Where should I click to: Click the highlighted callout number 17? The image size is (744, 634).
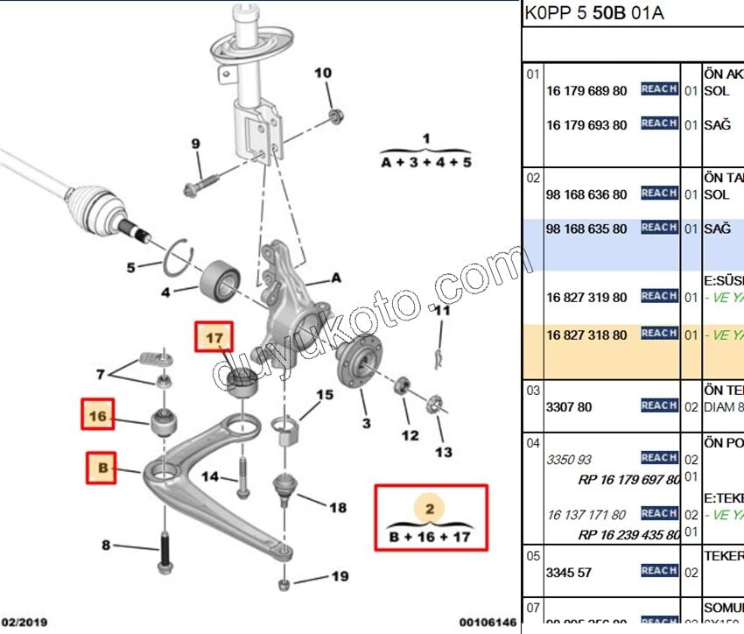coord(214,336)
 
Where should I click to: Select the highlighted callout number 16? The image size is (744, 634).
coord(99,416)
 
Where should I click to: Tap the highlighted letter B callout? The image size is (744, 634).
coord(102,468)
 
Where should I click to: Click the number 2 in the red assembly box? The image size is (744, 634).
coord(429,508)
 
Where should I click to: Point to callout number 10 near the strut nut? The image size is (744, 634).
coord(323,73)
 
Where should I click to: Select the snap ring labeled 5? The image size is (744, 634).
coord(179,254)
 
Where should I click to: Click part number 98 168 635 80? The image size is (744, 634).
coord(586,229)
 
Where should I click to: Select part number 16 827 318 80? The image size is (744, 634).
coord(586,335)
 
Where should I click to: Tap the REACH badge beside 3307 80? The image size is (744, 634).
coord(658,405)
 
